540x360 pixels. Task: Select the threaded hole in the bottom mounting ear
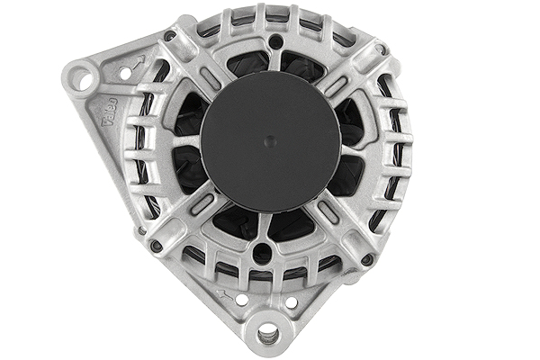point(268,336)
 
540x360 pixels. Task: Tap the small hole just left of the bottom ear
point(241,301)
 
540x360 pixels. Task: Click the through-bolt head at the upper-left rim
point(169,36)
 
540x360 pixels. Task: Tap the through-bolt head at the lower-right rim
point(367,259)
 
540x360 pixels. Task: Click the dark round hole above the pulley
point(274,41)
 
